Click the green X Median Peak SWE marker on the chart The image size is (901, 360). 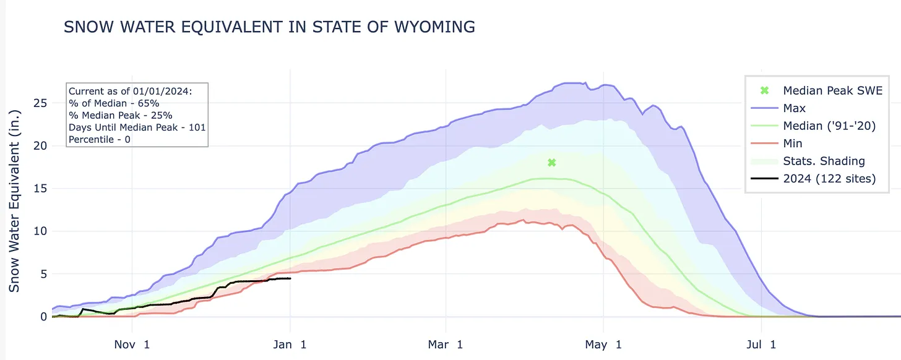[x=552, y=163]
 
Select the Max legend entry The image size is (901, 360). [x=794, y=108]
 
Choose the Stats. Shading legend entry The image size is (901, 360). [x=824, y=161]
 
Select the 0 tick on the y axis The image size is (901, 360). [x=43, y=317]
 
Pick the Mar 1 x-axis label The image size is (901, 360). [x=446, y=344]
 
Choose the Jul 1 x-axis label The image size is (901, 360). [x=762, y=344]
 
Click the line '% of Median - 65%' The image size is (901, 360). [x=114, y=103]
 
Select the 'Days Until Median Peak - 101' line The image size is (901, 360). [x=137, y=127]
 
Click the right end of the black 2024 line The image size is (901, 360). [x=290, y=278]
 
